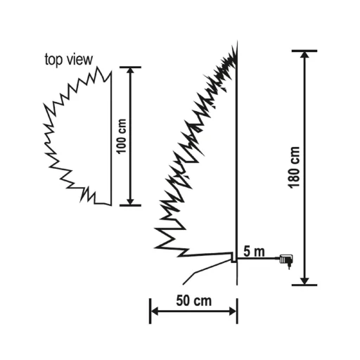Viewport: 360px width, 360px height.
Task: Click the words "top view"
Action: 68,60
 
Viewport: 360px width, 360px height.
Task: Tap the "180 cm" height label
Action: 293,167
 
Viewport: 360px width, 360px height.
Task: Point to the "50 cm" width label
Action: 194,300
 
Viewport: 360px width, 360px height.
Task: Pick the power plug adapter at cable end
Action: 286,261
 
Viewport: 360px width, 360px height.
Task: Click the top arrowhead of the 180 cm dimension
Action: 304,56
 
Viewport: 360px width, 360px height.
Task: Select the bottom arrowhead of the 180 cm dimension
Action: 304,279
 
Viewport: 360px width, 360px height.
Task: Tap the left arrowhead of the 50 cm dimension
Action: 155,310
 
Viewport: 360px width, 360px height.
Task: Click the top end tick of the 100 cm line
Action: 130,67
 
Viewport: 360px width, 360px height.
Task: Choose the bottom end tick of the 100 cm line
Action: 130,205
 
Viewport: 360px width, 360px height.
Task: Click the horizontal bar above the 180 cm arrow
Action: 304,51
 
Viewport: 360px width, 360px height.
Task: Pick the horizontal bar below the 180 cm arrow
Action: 304,285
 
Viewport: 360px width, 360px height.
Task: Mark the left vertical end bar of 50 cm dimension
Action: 150,310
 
